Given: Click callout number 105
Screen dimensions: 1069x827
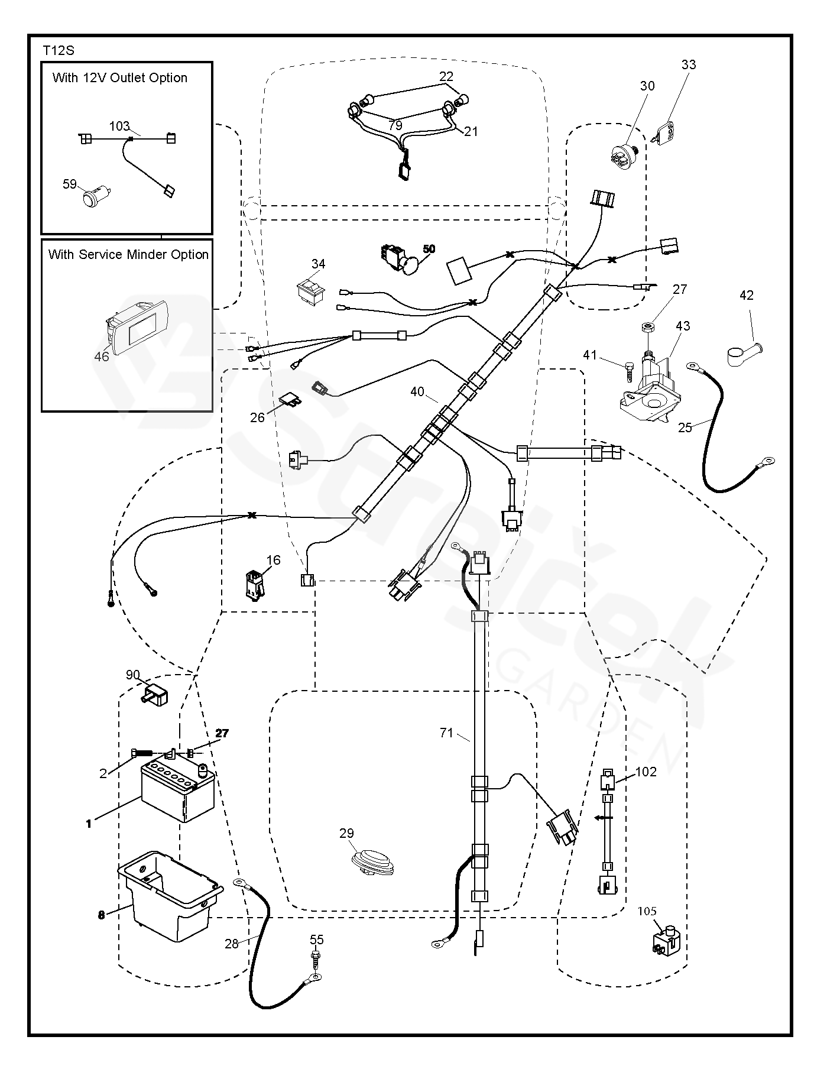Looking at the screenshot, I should (647, 911).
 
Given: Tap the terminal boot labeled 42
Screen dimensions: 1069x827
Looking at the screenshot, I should (743, 354).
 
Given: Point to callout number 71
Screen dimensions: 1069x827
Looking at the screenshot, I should (446, 733).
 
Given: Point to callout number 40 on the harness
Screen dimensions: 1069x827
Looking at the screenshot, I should (417, 391).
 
